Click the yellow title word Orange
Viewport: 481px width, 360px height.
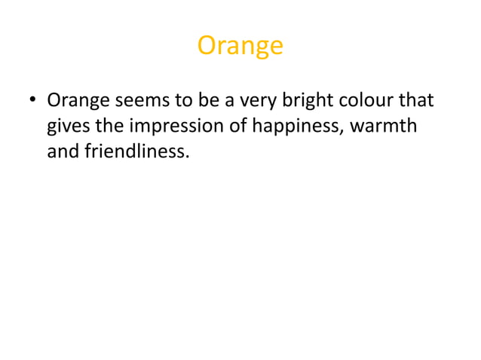(240, 47)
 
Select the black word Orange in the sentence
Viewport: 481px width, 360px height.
(78, 101)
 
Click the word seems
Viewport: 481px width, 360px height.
(141, 101)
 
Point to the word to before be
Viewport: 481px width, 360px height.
(184, 101)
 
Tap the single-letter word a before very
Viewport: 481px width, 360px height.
(231, 101)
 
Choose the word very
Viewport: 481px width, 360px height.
(258, 101)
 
